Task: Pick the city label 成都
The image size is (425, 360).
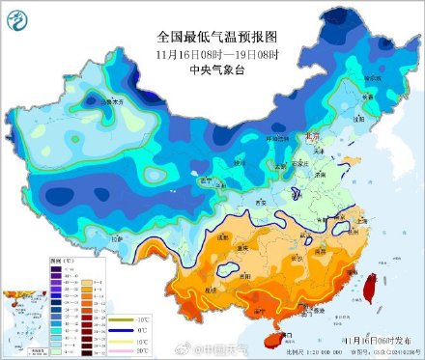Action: pyautogui.click(x=221, y=235)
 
